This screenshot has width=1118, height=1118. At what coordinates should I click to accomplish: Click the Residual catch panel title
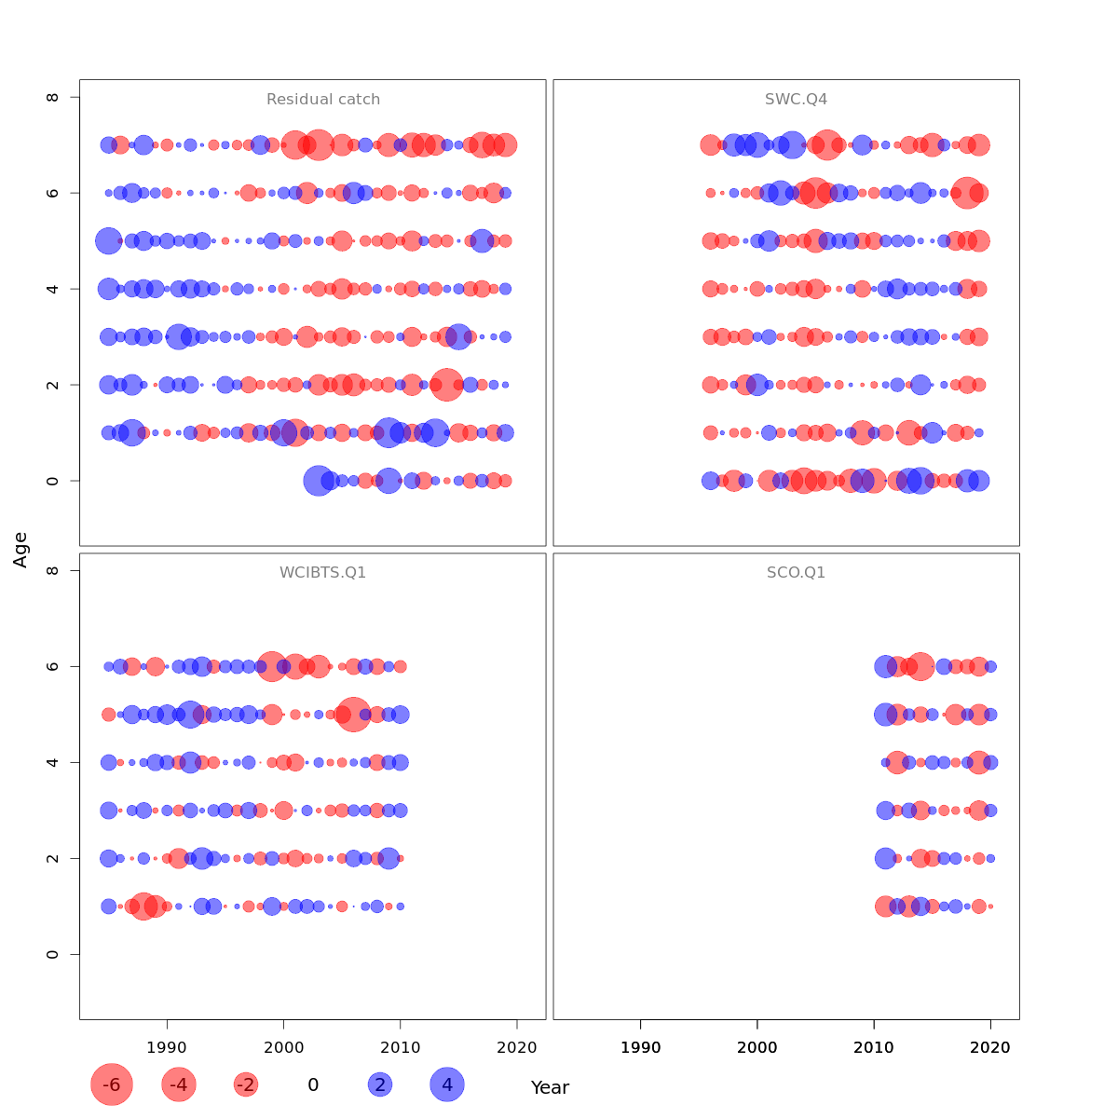click(323, 100)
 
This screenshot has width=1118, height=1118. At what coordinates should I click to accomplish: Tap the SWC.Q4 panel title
click(796, 100)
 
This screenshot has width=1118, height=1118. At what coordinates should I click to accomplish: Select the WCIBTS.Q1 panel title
click(322, 573)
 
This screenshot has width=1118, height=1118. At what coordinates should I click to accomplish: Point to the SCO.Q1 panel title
click(796, 573)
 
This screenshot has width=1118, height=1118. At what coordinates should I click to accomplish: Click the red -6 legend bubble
click(112, 1084)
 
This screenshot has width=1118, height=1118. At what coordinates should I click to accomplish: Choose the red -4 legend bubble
click(179, 1084)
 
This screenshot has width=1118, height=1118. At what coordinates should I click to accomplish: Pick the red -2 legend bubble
click(246, 1084)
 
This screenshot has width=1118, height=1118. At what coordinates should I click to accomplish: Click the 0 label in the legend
click(313, 1084)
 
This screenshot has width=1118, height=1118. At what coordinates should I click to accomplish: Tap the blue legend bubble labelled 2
click(379, 1084)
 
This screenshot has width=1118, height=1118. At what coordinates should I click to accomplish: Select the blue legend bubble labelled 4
click(447, 1084)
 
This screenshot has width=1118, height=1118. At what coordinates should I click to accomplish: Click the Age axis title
click(20, 550)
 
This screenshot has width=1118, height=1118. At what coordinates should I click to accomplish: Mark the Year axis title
click(550, 1087)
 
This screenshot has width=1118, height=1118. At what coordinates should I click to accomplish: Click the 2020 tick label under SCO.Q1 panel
click(990, 1047)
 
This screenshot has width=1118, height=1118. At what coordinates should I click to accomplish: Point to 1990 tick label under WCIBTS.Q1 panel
click(167, 1047)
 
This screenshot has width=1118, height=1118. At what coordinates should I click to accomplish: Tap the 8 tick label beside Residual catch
click(53, 97)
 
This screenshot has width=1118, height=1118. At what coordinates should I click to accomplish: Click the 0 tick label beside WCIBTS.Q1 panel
click(53, 954)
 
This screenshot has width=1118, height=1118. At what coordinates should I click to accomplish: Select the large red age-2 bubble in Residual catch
click(446, 385)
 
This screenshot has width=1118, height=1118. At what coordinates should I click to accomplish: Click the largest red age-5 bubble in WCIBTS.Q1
click(353, 715)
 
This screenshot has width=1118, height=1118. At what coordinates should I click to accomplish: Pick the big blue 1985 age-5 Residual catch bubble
click(109, 240)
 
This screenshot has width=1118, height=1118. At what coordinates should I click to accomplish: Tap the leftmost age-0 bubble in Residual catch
click(319, 481)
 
